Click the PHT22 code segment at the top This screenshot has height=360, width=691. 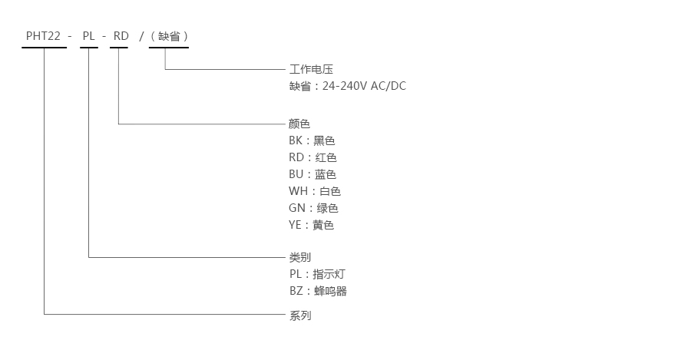pyautogui.click(x=44, y=36)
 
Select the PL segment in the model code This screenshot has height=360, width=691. pyautogui.click(x=89, y=36)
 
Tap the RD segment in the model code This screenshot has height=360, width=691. pyautogui.click(x=121, y=36)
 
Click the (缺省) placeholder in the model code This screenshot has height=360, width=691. pyautogui.click(x=169, y=36)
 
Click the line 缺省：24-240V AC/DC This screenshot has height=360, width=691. pyautogui.click(x=347, y=86)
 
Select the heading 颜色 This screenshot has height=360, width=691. pyautogui.click(x=299, y=124)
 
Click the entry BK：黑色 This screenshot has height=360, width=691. pyautogui.click(x=312, y=140)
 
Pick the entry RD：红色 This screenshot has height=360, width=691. pyautogui.click(x=312, y=157)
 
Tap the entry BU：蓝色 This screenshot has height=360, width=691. pyautogui.click(x=312, y=174)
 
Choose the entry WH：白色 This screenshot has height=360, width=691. pyautogui.click(x=314, y=191)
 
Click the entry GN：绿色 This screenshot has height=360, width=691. pyautogui.click(x=313, y=208)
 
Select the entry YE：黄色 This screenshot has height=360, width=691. pyautogui.click(x=311, y=225)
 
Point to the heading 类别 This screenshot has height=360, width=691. pyautogui.click(x=299, y=257)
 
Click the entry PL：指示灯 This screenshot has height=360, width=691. pyautogui.click(x=317, y=274)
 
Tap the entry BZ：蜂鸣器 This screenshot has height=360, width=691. pyautogui.click(x=318, y=291)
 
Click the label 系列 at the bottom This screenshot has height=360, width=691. pyautogui.click(x=299, y=315)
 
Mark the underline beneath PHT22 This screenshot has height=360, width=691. pyautogui.click(x=45, y=48)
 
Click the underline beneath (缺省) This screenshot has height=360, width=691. pyautogui.click(x=168, y=48)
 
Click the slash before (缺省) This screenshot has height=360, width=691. pyautogui.click(x=141, y=36)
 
